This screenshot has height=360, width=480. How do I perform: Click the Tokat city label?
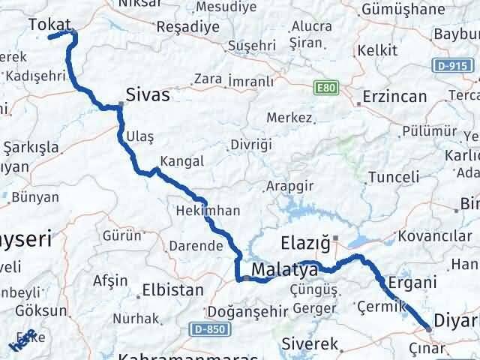(x=49, y=25)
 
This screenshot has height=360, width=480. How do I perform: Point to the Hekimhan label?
(x=208, y=211)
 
